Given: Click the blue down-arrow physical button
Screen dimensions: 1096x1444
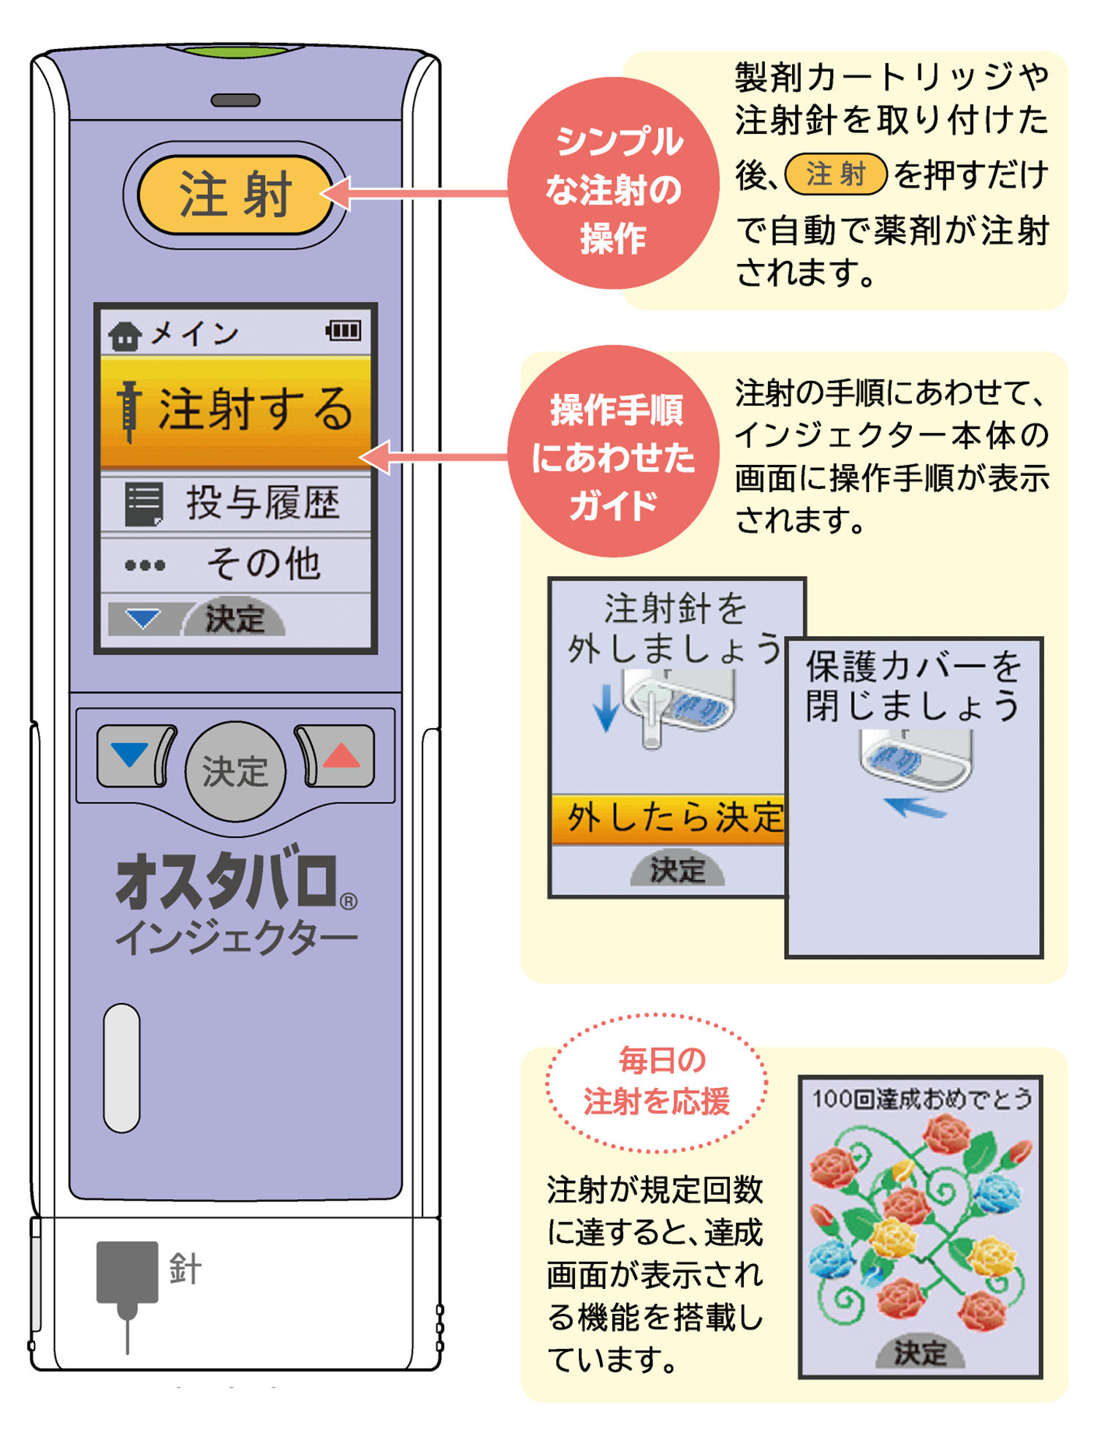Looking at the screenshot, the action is pos(136,756).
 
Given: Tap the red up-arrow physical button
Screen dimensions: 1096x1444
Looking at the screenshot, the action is pos(335,756).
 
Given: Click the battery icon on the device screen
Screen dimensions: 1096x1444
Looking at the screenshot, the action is pos(343,331).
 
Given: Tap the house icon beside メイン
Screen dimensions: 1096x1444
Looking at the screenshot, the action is pos(124,336).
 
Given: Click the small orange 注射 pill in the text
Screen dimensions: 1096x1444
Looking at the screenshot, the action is pos(836,175).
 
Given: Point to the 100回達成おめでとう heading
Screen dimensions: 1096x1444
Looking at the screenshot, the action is pos(921,1098).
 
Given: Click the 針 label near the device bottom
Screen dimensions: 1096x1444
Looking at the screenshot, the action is pos(185,1269).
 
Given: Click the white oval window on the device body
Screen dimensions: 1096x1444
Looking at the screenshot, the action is pos(121,1067).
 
